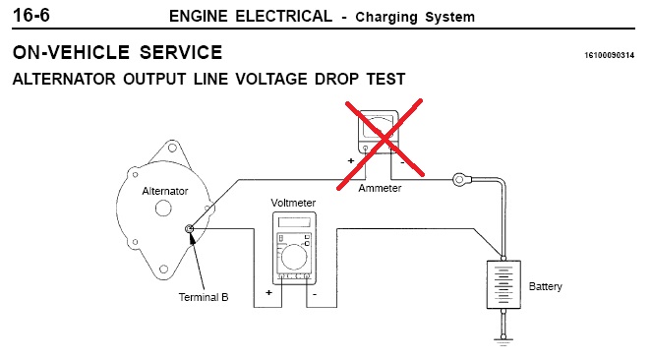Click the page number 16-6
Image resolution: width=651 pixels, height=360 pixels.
[31, 16]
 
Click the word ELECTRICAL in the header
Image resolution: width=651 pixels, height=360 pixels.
[284, 16]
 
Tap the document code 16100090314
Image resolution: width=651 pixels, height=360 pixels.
[610, 55]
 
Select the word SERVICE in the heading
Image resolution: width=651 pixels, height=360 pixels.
[181, 53]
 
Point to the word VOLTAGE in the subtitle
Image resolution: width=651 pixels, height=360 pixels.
[271, 79]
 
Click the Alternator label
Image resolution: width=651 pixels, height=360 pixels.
[165, 191]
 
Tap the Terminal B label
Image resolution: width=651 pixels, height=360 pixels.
[204, 297]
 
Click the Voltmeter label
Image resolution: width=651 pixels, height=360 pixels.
[293, 203]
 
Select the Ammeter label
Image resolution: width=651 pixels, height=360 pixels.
[380, 188]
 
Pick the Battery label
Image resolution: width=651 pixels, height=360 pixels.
[545, 286]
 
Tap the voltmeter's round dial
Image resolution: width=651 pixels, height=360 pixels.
[294, 257]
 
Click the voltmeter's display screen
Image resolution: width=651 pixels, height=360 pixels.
[294, 222]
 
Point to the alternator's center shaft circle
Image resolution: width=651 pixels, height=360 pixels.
[163, 208]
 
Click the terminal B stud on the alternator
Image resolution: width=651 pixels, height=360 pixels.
[189, 229]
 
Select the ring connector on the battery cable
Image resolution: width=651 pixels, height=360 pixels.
[459, 180]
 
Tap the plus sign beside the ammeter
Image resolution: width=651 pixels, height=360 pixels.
[351, 160]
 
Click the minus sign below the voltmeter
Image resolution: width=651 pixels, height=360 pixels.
[315, 294]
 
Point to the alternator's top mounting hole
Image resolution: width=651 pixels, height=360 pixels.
[172, 148]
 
